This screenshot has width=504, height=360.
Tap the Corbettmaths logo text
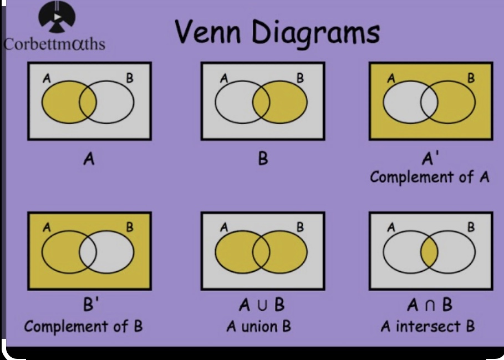coord(54,44)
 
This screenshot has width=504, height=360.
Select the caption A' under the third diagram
coord(429,160)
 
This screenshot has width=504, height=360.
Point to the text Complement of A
coord(430,178)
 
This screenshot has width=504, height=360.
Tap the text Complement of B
coord(83,326)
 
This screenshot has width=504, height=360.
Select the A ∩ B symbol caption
coord(429,306)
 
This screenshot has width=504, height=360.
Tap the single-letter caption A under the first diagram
coord(88,160)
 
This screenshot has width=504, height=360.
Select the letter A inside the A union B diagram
coord(223,227)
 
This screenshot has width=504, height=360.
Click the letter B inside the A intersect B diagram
coord(471,227)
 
